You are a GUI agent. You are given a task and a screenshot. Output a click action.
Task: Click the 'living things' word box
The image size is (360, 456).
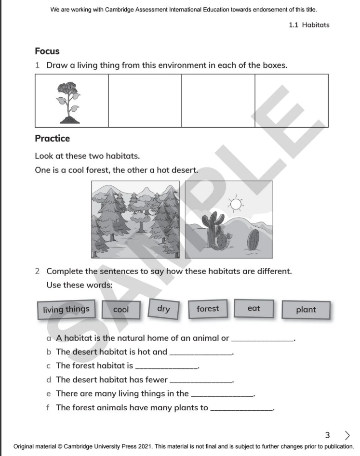(x=66, y=310)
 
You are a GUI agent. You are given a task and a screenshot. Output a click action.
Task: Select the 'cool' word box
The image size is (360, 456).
(x=120, y=310)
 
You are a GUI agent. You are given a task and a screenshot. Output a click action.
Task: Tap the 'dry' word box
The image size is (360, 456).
(x=163, y=309)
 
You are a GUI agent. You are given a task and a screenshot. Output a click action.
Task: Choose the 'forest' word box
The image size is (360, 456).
(x=208, y=309)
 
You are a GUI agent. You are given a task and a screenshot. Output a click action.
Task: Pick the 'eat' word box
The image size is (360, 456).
(x=253, y=309)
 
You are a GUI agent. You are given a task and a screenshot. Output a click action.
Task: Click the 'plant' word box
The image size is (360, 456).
(x=306, y=310)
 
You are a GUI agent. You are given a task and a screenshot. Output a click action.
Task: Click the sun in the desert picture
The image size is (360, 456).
(x=236, y=205)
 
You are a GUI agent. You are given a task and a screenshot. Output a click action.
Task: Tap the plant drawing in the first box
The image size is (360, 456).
(x=67, y=102)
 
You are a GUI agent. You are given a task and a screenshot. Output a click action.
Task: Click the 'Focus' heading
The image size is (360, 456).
(x=47, y=51)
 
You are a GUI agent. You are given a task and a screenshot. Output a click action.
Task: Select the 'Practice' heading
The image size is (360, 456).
(x=52, y=139)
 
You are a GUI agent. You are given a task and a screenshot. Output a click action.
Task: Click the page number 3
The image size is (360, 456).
(x=327, y=435)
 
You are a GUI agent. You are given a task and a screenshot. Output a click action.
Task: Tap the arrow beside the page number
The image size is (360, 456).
(x=347, y=435)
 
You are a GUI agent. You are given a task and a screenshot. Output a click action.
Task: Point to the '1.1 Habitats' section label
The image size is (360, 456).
(x=309, y=25)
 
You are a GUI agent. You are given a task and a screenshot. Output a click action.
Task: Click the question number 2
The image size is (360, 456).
(x=38, y=271)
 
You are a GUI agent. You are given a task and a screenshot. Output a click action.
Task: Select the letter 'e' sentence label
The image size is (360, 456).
(x=48, y=394)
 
